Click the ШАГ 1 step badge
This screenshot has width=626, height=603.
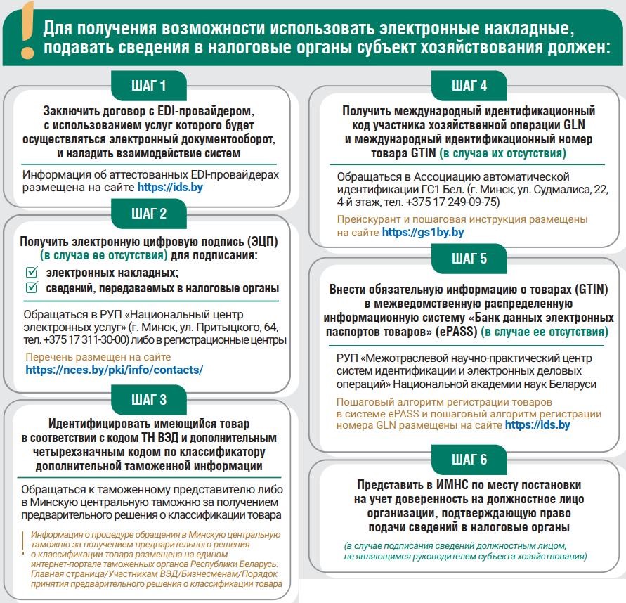(149, 86)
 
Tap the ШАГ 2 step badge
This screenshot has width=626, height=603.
(149, 213)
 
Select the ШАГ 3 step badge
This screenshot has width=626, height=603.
(149, 400)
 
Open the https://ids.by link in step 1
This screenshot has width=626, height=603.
(171, 188)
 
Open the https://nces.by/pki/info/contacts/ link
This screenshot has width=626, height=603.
(114, 370)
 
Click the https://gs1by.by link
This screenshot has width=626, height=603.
(422, 232)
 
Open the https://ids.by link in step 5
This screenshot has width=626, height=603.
(537, 425)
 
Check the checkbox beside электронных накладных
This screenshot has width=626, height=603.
(31, 273)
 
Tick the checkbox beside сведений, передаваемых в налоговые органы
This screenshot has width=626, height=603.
(31, 288)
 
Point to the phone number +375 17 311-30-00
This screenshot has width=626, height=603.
(86, 340)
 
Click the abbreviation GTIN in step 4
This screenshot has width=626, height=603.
(422, 153)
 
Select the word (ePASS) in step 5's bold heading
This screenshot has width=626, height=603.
(458, 331)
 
